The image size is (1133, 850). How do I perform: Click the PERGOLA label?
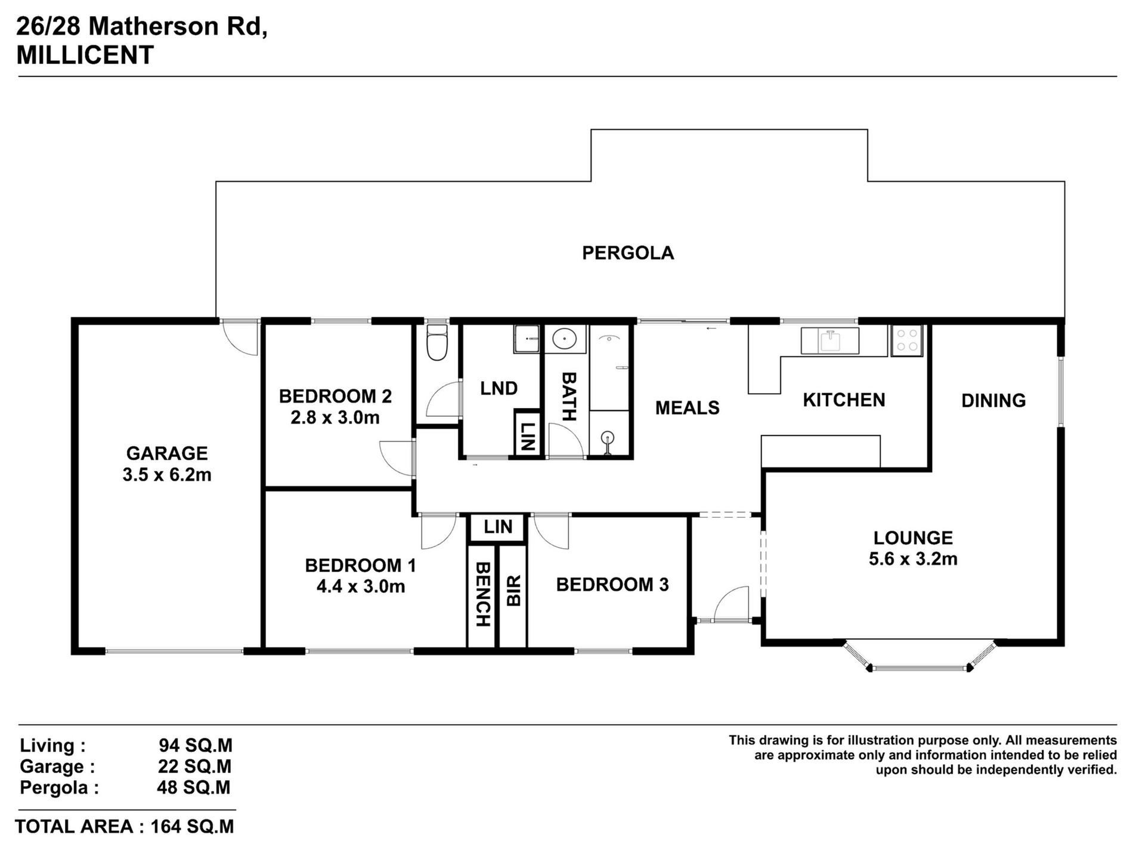pos(628,253)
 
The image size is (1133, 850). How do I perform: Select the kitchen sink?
pos(830,341)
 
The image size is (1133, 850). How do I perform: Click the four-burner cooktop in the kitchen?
pos(906,341)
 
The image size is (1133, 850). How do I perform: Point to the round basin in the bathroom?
pos(564,339)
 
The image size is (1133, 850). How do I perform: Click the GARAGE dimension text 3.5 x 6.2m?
pos(167,475)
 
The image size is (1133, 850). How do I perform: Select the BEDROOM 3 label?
pos(612,585)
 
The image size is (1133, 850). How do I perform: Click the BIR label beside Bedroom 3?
pos(513,591)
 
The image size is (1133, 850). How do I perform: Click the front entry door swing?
pos(731,604)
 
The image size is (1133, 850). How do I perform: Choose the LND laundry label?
pos(499,388)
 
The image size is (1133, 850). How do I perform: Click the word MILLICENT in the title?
pos(85,55)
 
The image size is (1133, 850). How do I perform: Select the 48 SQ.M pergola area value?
pos(194,787)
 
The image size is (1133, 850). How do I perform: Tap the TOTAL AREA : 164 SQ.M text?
pos(125,827)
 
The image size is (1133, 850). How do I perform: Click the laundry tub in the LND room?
pos(527,339)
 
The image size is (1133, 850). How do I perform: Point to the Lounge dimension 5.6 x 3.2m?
pos(913,559)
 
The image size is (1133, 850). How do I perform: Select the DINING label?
pos(993,400)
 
